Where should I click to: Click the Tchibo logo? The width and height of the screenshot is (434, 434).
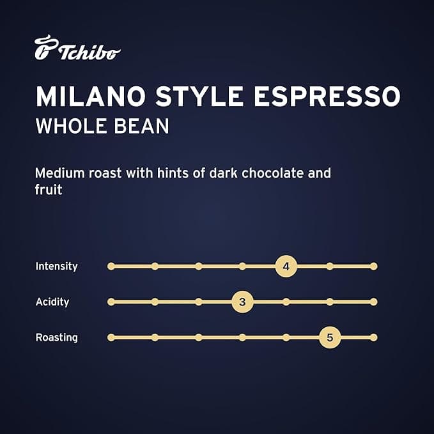pyautogui.click(x=77, y=49)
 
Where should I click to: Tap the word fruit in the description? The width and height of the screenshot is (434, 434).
pyautogui.click(x=49, y=190)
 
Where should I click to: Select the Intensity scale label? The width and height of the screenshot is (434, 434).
pyautogui.click(x=56, y=266)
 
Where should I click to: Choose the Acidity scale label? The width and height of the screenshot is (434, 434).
pyautogui.click(x=52, y=302)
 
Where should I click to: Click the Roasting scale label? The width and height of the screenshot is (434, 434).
pyautogui.click(x=56, y=337)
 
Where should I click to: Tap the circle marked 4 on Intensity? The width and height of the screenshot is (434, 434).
pyautogui.click(x=286, y=266)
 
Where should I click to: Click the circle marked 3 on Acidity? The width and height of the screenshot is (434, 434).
pyautogui.click(x=242, y=302)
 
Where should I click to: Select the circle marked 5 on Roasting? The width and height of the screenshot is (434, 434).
pyautogui.click(x=330, y=337)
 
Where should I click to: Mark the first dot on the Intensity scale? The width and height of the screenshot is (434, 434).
pyautogui.click(x=111, y=266)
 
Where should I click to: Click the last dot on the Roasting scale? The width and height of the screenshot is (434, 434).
pyautogui.click(x=374, y=337)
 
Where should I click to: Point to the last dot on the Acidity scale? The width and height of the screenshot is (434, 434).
pyautogui.click(x=374, y=302)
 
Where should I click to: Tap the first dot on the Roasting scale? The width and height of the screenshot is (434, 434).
pyautogui.click(x=111, y=337)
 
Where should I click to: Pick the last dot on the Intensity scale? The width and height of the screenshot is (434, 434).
pyautogui.click(x=374, y=266)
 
